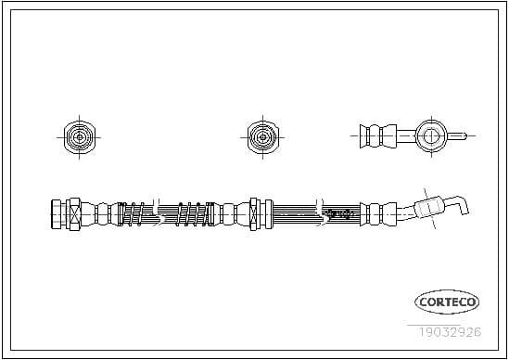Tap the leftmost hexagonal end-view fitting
click(77, 136)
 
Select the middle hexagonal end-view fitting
click(260, 136)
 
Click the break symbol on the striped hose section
click(320, 212)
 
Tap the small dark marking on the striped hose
click(340, 213)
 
